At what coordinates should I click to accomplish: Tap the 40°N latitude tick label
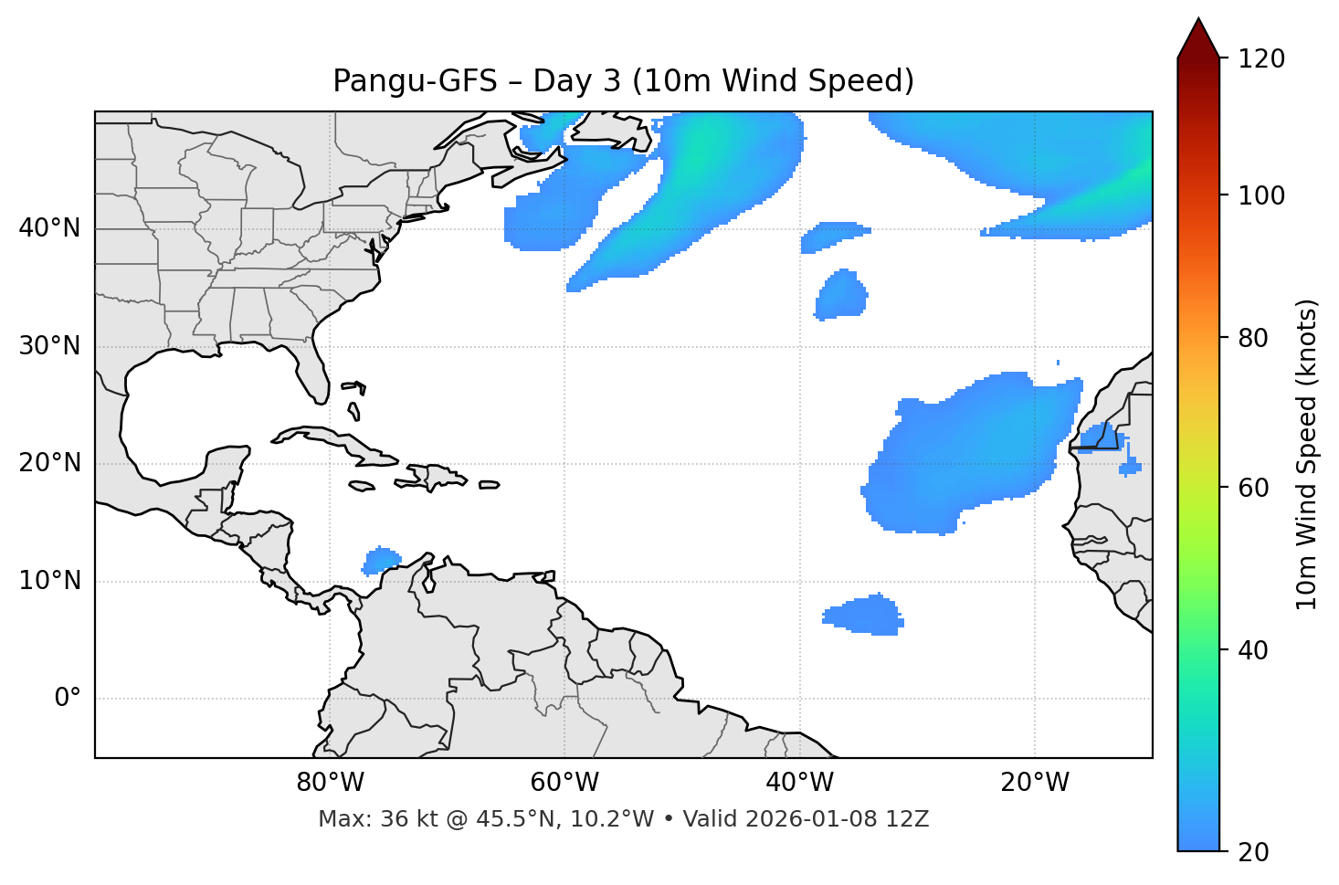point(49,228)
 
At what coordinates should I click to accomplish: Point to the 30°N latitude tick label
point(49,346)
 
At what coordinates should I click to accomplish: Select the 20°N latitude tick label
point(49,463)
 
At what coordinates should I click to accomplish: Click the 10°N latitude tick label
point(49,581)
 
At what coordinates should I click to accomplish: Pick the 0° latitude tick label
point(68,699)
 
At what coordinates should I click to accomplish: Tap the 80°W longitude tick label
point(330,783)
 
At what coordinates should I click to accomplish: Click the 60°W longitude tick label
point(564,783)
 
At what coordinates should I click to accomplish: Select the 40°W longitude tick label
point(800,783)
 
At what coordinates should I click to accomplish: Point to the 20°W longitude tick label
point(1035,783)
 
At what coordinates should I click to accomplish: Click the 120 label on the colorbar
point(1262,59)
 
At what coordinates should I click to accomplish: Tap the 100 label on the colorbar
point(1262,195)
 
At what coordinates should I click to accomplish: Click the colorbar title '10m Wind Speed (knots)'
point(1307,454)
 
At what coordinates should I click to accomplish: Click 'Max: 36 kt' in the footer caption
point(361,819)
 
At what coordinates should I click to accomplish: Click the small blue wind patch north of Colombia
point(381,559)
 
